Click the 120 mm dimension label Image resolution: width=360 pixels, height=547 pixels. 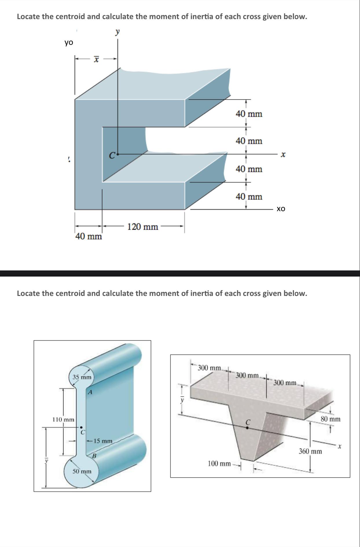tap(143, 227)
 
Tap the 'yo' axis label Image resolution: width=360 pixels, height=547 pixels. tap(69, 43)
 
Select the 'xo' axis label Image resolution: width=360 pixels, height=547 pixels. tap(281, 209)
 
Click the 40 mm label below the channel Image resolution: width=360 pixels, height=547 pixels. tap(89, 237)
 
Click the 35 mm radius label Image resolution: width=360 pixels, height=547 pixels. tap(82, 377)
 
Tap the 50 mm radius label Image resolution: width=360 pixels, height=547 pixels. tap(82, 471)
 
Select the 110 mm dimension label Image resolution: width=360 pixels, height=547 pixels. tap(63, 419)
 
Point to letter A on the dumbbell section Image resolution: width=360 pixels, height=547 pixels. tap(90, 393)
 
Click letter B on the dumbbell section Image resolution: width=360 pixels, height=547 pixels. tap(93, 456)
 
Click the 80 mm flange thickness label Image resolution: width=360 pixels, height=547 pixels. tap(330, 419)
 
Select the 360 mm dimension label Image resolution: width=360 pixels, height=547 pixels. tap(310, 451)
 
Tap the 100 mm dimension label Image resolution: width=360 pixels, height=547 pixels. tap(219, 464)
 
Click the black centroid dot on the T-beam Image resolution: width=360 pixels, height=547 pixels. tap(247, 428)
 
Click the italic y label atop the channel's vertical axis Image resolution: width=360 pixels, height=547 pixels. tap(117, 32)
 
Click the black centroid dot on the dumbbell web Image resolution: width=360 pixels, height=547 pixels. tap(81, 427)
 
